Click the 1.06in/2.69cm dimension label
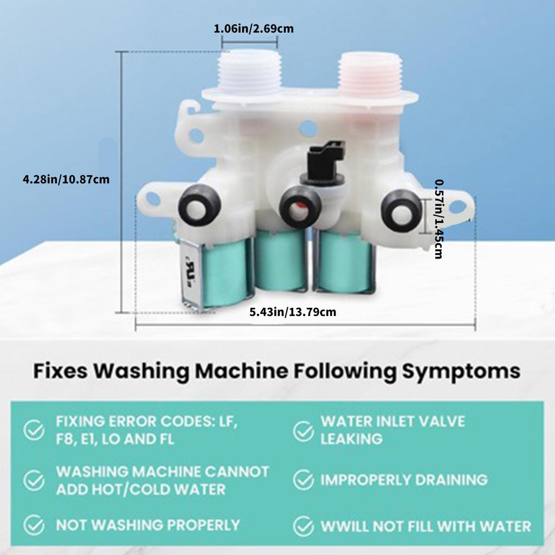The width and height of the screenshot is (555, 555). point(254,29)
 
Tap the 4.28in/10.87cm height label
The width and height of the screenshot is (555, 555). point(66,179)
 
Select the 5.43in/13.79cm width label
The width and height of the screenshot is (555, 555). point(293,312)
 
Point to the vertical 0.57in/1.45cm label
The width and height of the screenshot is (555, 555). point(440,219)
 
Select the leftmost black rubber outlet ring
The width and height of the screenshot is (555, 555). point(199,205)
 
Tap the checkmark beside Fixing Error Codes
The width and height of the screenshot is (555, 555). point(35,430)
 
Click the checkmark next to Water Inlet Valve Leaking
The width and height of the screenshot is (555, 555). point(304,430)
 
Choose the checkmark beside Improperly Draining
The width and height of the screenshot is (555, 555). point(304,480)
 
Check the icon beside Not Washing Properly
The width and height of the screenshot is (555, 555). point(35,525)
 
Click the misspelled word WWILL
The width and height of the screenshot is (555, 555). point(345,526)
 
